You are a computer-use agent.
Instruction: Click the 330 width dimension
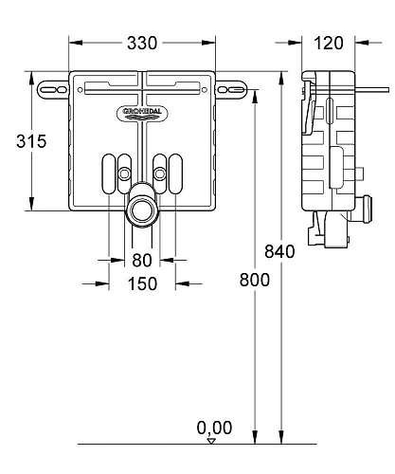click(x=143, y=44)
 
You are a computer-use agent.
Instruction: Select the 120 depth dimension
click(x=329, y=44)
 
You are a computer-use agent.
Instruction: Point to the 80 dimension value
click(x=142, y=260)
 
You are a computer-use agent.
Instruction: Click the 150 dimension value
click(x=142, y=283)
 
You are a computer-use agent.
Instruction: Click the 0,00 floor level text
click(x=214, y=428)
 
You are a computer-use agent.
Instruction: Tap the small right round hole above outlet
click(x=160, y=173)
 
